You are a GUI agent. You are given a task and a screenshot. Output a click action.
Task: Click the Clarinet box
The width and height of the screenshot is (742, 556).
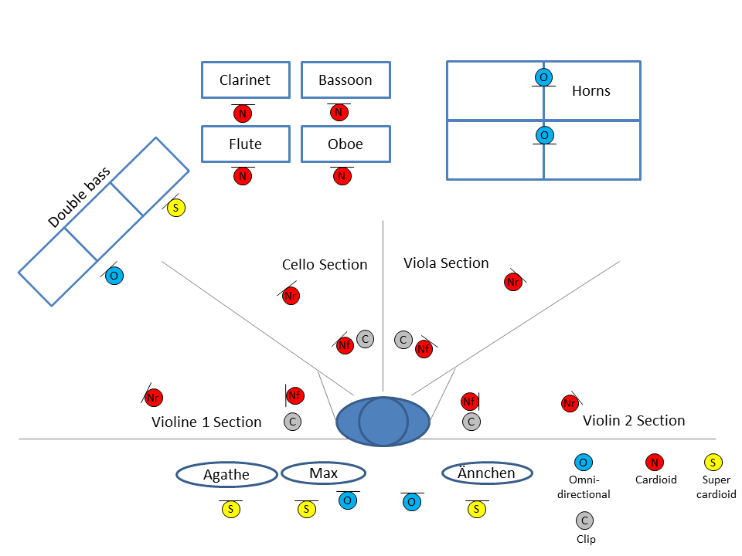(x=245, y=80)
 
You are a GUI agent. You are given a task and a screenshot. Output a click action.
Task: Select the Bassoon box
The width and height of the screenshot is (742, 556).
(x=345, y=80)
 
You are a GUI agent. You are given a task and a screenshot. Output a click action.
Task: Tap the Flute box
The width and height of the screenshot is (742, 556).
(x=245, y=144)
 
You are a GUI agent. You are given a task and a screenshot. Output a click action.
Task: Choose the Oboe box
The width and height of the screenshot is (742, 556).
(x=345, y=144)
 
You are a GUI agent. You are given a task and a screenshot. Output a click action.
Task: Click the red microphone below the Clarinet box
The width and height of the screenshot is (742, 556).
(x=243, y=114)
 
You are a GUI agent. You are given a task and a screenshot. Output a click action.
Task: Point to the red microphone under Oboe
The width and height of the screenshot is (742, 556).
(x=342, y=177)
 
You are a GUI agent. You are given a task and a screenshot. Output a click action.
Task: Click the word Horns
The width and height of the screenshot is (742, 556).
(x=591, y=91)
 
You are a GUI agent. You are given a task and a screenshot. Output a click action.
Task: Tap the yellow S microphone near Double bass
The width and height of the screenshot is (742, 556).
(x=176, y=208)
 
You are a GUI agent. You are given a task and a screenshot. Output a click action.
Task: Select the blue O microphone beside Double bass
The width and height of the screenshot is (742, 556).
(x=114, y=276)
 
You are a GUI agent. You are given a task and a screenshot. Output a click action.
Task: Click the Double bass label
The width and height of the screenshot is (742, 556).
(x=79, y=198)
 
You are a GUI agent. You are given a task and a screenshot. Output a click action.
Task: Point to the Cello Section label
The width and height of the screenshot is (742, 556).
(x=325, y=265)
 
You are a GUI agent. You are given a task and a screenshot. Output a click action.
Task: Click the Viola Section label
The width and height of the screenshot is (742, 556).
(x=446, y=263)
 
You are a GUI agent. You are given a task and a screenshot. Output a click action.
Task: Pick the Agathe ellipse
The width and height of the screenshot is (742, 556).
(x=226, y=474)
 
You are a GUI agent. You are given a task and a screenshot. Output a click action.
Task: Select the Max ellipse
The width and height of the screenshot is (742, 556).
(x=323, y=473)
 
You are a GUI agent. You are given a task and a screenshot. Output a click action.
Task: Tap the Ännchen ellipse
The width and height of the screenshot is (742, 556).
(x=487, y=473)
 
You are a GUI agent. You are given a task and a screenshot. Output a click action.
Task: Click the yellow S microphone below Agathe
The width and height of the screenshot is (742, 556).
(x=230, y=510)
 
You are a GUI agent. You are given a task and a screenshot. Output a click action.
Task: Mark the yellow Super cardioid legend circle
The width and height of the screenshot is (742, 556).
(x=713, y=463)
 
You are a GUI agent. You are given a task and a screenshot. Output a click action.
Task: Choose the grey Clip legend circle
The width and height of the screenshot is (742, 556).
(x=584, y=520)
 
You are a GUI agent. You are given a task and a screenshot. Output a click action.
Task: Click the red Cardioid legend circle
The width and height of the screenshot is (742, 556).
(x=655, y=463)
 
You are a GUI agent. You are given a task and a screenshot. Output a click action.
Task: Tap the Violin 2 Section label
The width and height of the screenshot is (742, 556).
(x=634, y=421)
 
